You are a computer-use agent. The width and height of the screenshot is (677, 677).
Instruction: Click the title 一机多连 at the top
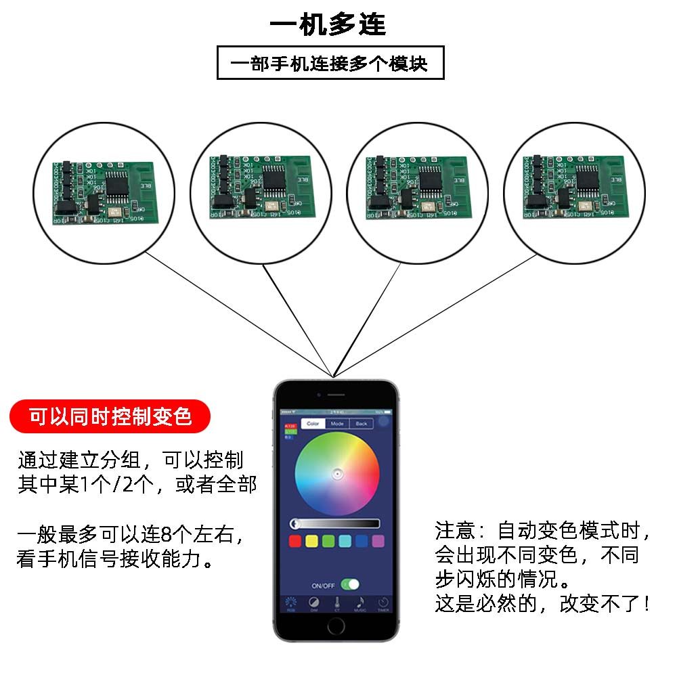328,24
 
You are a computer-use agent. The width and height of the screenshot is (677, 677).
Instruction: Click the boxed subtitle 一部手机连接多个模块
330,64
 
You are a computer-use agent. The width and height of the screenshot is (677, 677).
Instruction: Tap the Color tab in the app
313,424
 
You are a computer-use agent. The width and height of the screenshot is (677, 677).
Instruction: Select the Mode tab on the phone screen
337,424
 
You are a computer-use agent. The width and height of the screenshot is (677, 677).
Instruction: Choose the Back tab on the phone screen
362,424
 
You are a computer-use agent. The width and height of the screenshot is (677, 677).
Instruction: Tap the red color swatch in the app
295,541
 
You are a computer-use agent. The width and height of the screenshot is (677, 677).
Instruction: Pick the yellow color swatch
311,541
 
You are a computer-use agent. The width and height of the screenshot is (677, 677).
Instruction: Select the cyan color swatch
345,541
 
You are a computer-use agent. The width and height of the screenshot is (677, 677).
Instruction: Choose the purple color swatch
378,541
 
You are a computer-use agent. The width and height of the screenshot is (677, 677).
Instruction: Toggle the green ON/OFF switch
350,584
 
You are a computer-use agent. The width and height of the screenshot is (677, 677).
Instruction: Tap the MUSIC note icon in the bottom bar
359,602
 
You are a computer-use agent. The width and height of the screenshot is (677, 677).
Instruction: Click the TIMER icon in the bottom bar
383,602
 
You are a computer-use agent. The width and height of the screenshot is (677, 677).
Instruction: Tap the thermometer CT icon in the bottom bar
336,602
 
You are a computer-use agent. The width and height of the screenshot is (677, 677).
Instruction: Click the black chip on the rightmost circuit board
586,179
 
